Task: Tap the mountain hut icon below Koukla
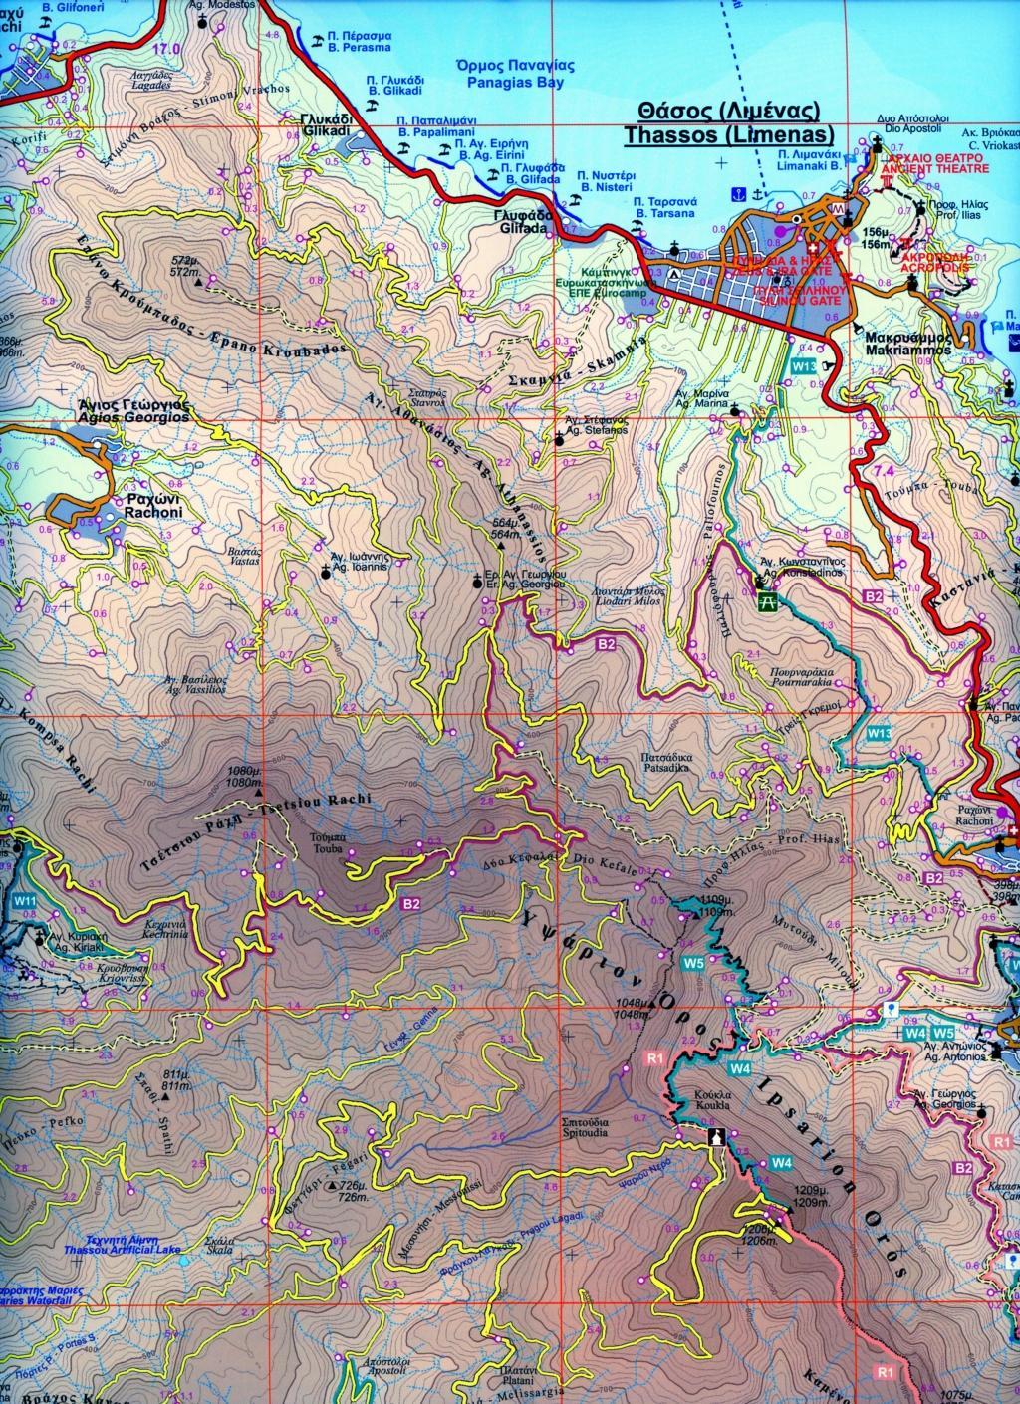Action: point(715,1137)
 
